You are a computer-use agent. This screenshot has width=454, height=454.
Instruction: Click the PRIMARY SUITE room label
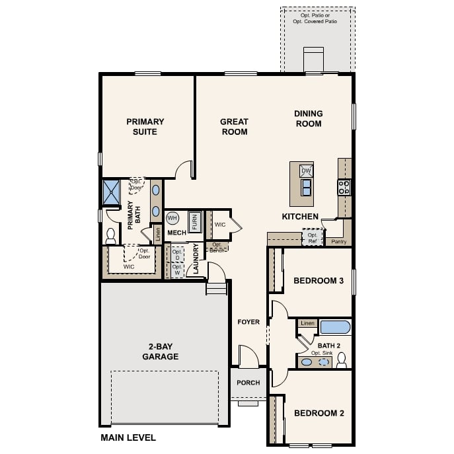145,126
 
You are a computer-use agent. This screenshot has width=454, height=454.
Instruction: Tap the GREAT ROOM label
234,126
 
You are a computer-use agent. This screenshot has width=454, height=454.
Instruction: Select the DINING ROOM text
308,118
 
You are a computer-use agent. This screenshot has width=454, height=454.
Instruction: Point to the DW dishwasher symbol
305,170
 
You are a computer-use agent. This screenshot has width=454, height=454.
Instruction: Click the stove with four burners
344,187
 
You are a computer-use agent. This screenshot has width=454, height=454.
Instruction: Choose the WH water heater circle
172,217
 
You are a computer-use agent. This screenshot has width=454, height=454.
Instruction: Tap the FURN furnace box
194,221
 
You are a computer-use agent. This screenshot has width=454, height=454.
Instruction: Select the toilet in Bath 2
342,360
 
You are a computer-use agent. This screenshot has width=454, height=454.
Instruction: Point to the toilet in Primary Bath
110,237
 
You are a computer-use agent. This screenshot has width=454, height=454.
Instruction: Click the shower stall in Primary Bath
110,192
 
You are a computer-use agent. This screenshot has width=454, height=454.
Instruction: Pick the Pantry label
338,242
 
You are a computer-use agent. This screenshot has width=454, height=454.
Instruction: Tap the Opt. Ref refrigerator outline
313,237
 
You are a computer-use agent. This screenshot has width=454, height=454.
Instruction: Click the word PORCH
248,383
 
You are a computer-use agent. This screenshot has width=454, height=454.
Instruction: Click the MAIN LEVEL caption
128,437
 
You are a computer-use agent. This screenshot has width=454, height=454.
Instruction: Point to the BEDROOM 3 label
319,281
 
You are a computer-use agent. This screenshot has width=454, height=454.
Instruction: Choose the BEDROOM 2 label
319,414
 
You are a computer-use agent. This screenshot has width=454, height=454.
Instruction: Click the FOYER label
248,322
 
